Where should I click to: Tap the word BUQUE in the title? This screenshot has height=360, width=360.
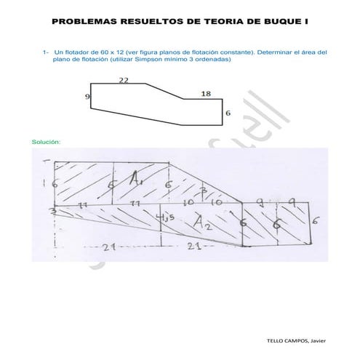coord(273,22)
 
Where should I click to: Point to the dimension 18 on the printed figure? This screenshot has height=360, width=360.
coord(206,94)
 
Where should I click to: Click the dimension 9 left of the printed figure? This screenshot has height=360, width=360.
coord(87,96)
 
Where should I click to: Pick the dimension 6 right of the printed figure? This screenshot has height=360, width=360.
coord(228,113)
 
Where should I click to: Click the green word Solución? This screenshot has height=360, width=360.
coord(47,141)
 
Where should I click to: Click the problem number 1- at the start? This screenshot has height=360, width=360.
coord(45,52)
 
